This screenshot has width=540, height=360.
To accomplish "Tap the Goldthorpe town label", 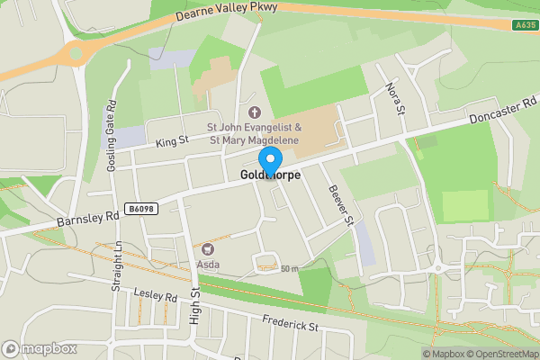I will (270, 175).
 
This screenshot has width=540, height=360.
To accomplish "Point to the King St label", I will (171, 140).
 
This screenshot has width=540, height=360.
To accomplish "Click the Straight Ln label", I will (116, 265).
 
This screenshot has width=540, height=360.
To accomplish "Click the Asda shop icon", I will (209, 248).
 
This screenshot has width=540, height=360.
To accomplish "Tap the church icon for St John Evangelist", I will (254, 112).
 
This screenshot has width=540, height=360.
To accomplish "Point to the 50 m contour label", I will (289, 269).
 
